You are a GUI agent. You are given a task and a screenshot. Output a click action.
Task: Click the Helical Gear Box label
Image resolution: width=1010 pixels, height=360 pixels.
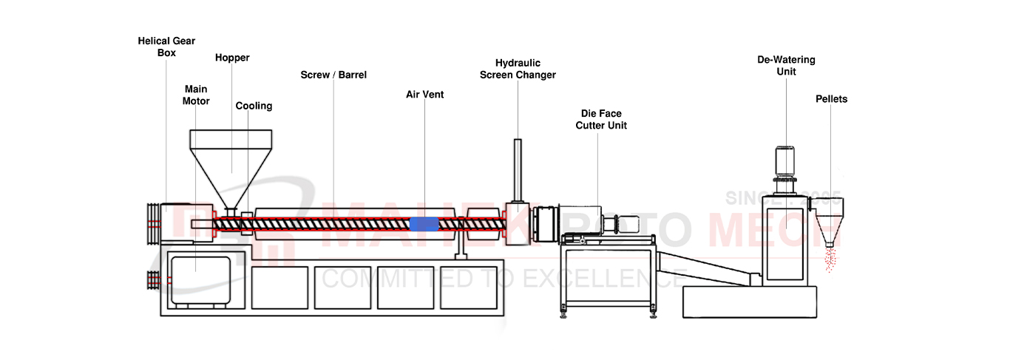click(x=166, y=47)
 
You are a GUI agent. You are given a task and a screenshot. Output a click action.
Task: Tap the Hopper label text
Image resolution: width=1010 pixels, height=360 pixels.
click(x=232, y=58)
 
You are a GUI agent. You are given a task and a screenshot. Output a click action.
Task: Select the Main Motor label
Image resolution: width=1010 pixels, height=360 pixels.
click(x=196, y=95)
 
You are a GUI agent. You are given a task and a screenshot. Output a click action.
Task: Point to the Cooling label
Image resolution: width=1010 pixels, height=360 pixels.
click(x=254, y=106)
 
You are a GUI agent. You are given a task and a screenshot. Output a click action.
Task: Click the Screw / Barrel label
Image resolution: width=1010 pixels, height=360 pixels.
click(x=333, y=75)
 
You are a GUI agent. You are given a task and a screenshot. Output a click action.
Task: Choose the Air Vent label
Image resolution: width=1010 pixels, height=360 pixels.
click(x=424, y=95)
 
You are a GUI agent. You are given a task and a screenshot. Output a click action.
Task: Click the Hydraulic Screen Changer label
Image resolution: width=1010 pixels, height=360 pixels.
click(x=518, y=69)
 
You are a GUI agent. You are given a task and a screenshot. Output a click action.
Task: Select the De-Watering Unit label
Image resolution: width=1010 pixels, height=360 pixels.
click(x=786, y=66)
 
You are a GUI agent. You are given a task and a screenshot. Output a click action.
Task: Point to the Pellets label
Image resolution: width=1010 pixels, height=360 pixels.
click(x=831, y=99)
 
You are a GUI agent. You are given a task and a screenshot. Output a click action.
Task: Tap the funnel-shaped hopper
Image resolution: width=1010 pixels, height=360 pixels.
click(x=231, y=166)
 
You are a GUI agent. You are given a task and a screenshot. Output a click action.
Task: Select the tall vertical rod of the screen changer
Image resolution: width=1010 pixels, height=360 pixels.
click(x=518, y=170)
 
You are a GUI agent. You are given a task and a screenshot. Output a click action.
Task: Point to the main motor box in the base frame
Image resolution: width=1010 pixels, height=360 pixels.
click(x=207, y=277)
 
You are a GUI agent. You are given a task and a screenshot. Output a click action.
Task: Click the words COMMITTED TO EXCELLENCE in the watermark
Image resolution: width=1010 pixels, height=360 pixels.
click(x=503, y=279)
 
